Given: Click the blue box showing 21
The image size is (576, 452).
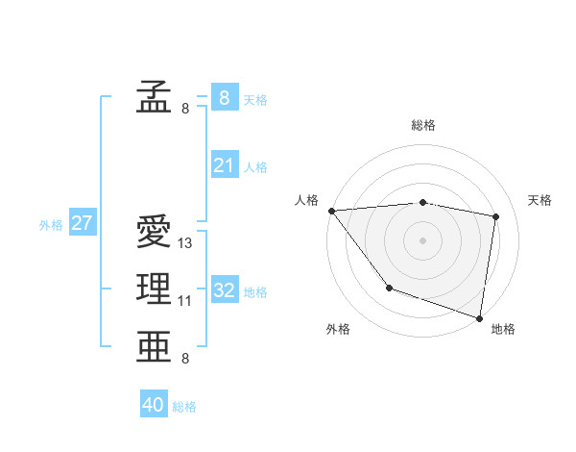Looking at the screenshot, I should coord(224,165).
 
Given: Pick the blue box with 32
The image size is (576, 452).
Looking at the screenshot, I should coord(224,289).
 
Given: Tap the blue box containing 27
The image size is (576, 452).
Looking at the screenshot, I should coord(82,223).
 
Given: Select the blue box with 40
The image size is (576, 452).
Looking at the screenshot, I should coord(154,405).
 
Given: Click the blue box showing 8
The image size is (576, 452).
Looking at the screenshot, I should coord(224,97).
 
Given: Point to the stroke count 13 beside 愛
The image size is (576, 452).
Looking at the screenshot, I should coord(186,243).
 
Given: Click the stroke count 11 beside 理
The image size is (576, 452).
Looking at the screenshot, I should coord(185,301).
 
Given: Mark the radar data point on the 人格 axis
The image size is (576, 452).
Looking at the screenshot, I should coord(331,211).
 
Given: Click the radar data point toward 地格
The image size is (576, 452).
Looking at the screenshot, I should coord(479,317).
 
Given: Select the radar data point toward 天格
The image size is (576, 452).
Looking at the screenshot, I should coord(496,216).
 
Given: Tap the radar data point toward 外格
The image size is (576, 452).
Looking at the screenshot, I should coord(389,288).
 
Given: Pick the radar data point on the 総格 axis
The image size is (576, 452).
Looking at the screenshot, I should coord(423,202).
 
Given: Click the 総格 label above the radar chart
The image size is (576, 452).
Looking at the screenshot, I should coord(423,125).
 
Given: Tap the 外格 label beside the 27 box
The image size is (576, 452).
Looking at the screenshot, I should coord(51,225).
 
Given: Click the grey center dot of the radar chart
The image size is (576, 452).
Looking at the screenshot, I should coord(423,239).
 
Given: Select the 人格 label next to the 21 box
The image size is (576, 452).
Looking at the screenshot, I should coord(255,167).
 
